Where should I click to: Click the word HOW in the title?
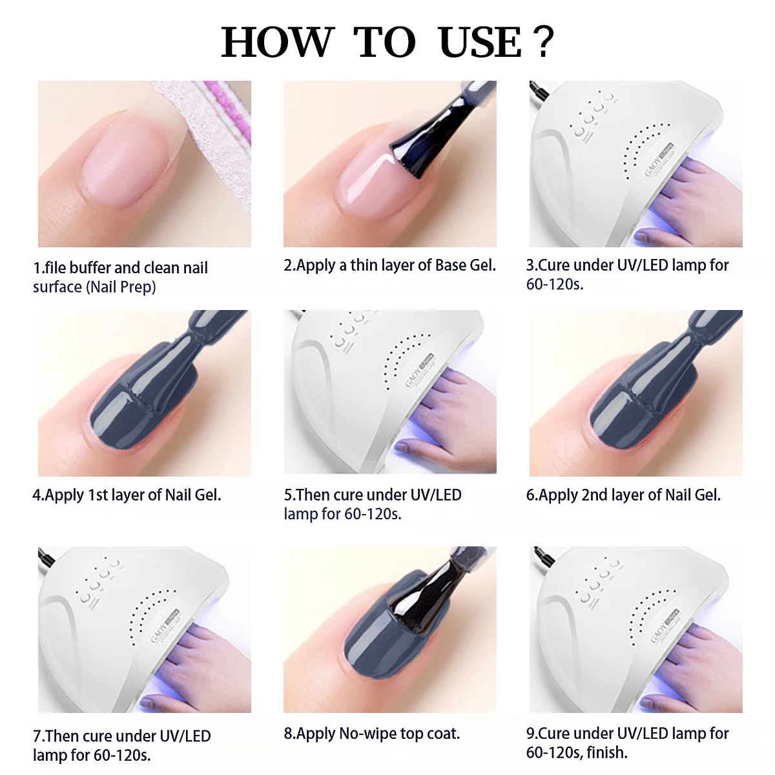276,43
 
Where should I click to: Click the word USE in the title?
479,43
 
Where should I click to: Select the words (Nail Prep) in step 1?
121,287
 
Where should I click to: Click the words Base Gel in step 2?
465,265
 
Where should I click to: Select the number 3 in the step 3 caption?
530,265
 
